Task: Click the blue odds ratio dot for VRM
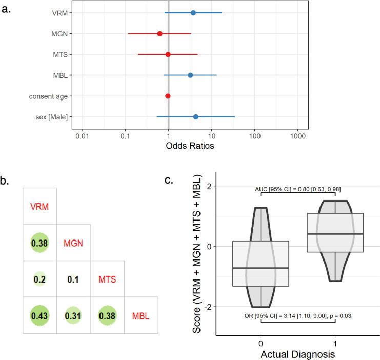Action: (193, 12)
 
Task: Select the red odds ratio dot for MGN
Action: (159, 33)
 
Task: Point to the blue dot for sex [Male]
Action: (195, 117)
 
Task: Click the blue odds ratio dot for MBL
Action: (190, 75)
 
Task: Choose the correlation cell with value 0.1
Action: (73, 280)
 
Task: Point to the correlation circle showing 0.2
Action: (39, 280)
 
